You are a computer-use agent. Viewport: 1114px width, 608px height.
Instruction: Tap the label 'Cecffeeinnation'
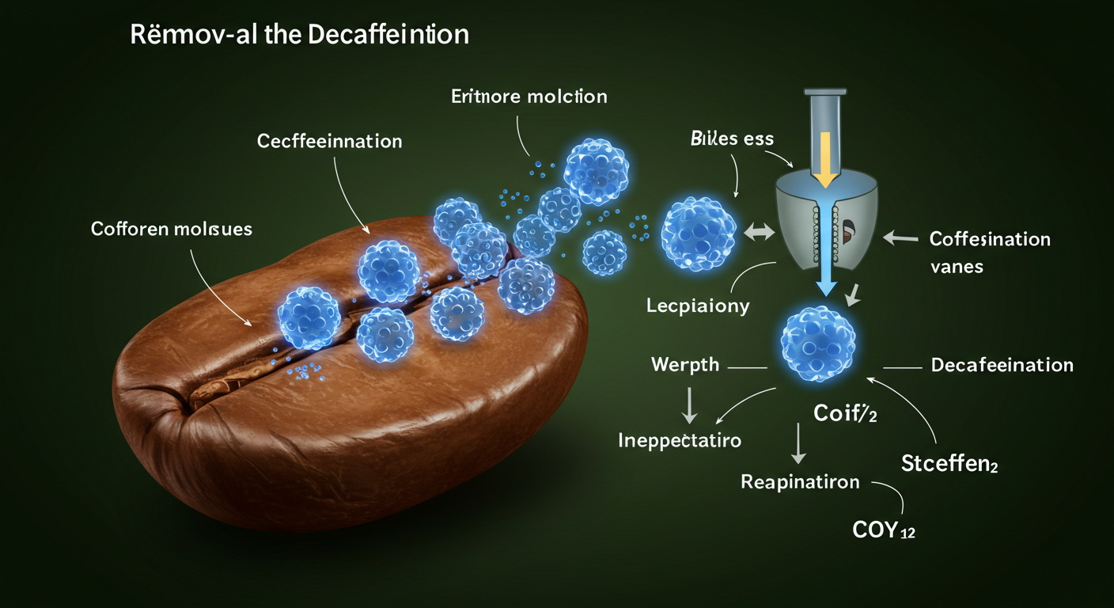(x=329, y=142)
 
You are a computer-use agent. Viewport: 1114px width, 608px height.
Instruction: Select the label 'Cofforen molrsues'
(x=172, y=230)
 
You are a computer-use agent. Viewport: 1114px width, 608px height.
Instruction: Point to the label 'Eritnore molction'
(x=529, y=97)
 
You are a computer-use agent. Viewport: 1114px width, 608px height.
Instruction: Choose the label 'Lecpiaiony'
(x=697, y=306)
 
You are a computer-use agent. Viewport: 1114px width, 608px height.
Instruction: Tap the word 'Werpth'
(x=685, y=365)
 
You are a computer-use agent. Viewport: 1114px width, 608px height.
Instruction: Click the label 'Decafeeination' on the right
(x=1002, y=365)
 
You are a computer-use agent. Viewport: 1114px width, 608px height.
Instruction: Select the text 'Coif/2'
(x=845, y=412)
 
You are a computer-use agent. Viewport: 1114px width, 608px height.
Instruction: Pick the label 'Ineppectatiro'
(x=680, y=440)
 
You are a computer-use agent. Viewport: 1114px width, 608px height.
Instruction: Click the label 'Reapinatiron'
(x=800, y=481)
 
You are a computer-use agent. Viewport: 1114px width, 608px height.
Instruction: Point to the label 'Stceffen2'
(x=949, y=463)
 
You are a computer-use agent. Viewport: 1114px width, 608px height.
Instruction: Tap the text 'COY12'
(x=884, y=530)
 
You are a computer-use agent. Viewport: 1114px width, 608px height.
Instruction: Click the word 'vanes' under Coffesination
(x=957, y=266)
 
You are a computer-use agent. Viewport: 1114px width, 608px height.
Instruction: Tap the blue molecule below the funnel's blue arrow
(x=818, y=338)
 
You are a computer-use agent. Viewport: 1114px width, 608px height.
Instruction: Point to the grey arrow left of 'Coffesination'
(x=899, y=235)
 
